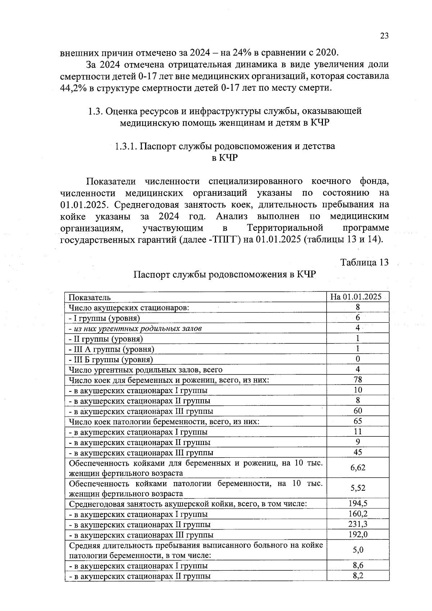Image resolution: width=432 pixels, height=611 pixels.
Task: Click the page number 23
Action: coord(384,36)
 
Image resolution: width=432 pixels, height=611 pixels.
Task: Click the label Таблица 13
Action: coord(364,262)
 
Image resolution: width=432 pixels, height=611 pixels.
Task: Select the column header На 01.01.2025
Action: coord(357,297)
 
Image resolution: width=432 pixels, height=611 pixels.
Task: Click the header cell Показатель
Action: coord(90,297)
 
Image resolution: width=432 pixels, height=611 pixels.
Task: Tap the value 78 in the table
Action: coord(357,379)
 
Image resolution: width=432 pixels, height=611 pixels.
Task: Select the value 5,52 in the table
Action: coord(357,488)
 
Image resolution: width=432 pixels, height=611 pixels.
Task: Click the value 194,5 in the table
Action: coord(357,503)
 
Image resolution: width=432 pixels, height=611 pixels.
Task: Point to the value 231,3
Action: coord(357,524)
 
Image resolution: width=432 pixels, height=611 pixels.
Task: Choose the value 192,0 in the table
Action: coord(357,534)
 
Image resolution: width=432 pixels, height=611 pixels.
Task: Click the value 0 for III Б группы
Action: coord(357,359)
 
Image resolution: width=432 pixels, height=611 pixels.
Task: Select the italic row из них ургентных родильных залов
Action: coord(135,328)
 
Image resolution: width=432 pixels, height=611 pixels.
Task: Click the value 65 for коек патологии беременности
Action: coord(357,421)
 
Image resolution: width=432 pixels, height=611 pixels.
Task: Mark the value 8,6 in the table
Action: coord(357,565)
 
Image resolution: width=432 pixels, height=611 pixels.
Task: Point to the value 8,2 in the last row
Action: coord(357,576)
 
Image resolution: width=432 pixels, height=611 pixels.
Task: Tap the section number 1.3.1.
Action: coord(126,146)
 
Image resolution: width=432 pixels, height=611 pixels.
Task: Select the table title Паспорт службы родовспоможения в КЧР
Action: coord(225,275)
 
